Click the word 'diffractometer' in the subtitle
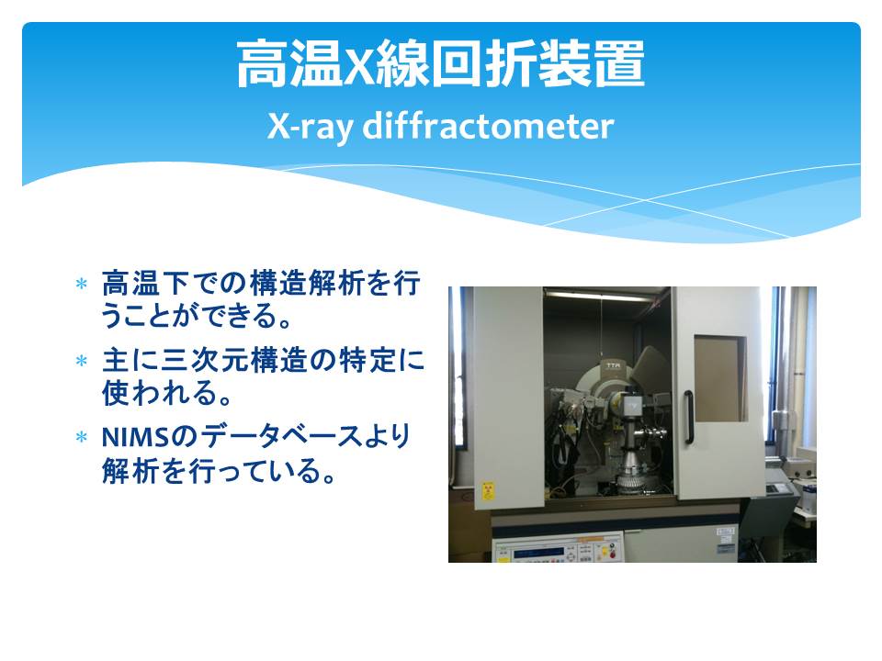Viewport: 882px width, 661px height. click(488, 126)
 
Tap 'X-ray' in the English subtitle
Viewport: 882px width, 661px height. click(310, 127)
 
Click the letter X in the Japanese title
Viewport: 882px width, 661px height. click(359, 66)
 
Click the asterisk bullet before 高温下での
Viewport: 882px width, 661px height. click(82, 284)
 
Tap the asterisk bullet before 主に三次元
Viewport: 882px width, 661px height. click(82, 360)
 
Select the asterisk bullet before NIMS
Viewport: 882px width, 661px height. click(82, 437)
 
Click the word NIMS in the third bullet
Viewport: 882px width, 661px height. click(136, 437)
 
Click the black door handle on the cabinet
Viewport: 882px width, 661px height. click(688, 417)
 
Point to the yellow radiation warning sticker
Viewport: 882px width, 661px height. click(488, 490)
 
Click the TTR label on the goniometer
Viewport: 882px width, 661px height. click(612, 366)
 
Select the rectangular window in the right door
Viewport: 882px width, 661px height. click(720, 378)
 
